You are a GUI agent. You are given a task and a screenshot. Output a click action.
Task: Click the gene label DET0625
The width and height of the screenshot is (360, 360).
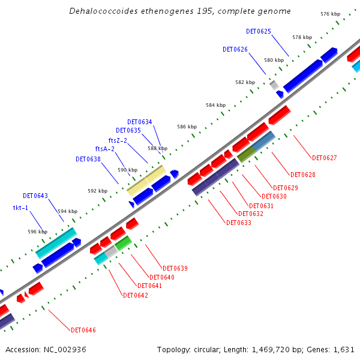click(x=259, y=31)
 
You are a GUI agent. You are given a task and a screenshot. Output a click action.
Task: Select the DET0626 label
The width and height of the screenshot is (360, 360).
click(x=235, y=49)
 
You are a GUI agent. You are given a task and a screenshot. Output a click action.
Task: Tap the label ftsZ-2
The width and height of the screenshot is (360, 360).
click(x=118, y=140)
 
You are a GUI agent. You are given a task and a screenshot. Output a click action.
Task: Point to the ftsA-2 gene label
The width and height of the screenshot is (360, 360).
click(x=104, y=149)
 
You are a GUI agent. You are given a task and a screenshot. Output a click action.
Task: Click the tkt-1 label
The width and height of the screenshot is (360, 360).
click(x=21, y=208)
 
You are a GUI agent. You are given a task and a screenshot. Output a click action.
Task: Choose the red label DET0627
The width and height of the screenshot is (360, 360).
click(x=325, y=158)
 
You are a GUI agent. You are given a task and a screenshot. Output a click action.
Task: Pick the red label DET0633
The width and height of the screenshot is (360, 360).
click(x=239, y=223)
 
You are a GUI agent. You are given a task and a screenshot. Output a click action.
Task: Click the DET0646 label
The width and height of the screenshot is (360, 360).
click(x=83, y=330)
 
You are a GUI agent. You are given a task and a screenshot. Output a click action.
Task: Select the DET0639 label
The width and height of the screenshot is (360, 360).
click(x=175, y=268)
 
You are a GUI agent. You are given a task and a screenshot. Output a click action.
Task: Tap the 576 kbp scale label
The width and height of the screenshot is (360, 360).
click(x=330, y=14)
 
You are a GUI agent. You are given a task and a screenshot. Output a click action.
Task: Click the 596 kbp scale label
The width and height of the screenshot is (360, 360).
click(x=37, y=232)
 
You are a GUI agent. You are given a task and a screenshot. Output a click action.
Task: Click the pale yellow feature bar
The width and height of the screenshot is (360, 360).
click(x=146, y=181)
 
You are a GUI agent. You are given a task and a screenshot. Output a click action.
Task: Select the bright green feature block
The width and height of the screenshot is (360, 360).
click(x=123, y=243)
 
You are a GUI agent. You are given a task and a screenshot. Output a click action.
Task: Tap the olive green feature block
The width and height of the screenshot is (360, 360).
click(x=246, y=154)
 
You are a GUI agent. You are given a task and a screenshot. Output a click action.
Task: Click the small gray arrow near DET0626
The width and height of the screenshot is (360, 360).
click(x=274, y=85)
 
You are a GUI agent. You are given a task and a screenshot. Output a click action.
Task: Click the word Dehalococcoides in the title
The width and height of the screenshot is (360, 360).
click(x=98, y=11)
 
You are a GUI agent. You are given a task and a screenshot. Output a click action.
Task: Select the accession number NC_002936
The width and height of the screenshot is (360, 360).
click(x=65, y=349)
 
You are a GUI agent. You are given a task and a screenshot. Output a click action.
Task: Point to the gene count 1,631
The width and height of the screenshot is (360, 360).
click(x=346, y=349)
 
